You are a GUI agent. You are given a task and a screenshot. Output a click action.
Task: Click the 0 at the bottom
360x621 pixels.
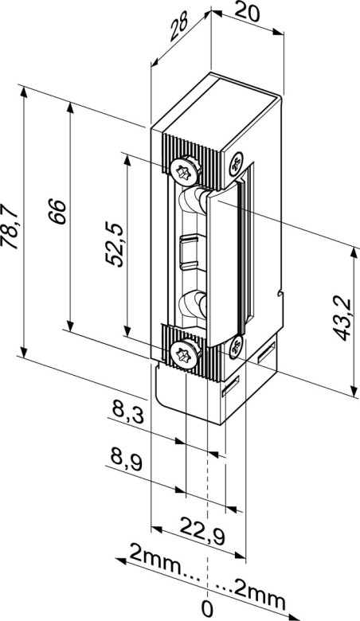coord(209,610)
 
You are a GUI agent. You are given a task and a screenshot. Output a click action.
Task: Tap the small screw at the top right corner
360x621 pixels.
coord(236,164)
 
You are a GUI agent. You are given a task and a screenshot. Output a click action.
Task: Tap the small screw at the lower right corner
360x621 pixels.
coord(236,346)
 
